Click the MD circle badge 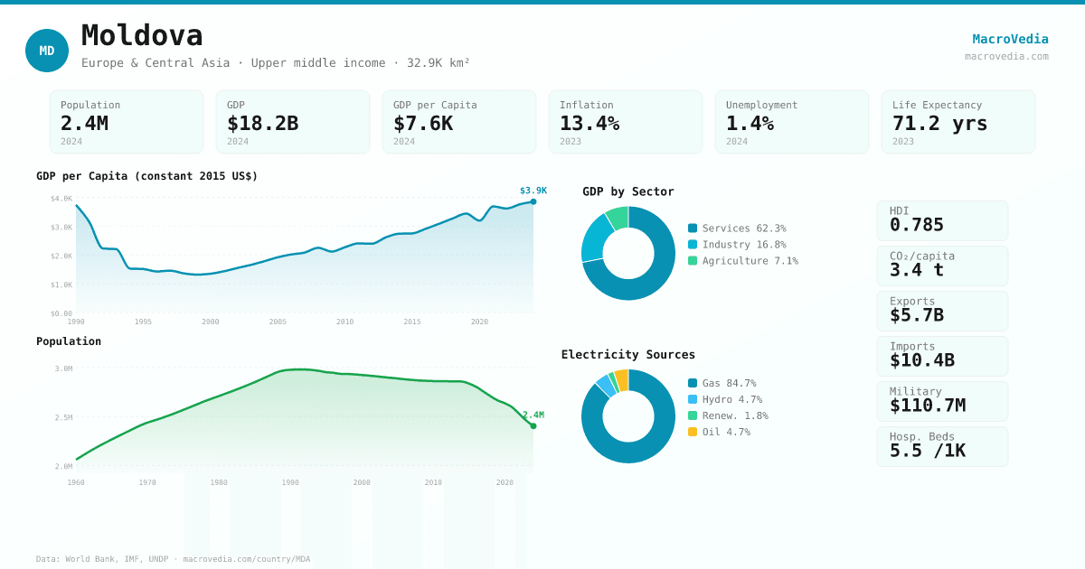47,51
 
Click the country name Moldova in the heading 142,36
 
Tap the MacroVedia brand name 1010,39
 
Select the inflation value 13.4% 590,123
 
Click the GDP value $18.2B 262,123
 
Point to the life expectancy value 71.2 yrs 939,123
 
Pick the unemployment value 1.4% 750,123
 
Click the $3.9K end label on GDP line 533,191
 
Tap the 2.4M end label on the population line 533,415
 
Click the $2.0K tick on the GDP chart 61,256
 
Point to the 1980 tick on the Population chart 219,482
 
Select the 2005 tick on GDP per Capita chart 278,322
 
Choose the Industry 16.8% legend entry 743,245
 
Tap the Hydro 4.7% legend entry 731,399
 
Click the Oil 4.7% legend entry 725,432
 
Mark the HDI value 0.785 916,225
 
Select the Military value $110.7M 927,406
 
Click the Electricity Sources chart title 627,355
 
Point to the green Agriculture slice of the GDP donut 618,217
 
